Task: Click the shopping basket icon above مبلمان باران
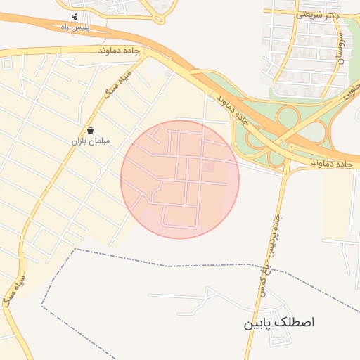click(x=91, y=130)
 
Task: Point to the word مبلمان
click(x=95, y=141)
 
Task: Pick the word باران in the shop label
click(x=77, y=141)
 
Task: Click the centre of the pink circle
click(x=180, y=179)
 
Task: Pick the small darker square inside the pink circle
click(x=208, y=166)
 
